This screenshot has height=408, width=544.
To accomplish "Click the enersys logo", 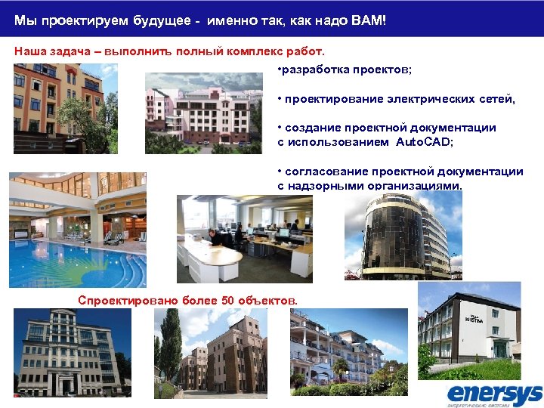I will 494,393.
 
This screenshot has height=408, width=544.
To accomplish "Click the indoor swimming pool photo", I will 78,230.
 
